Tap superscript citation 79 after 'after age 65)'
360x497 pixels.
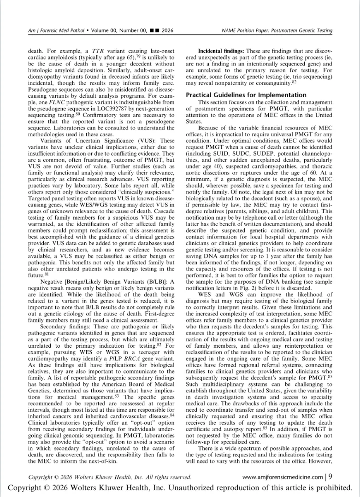pyautogui.click(x=139, y=54)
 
